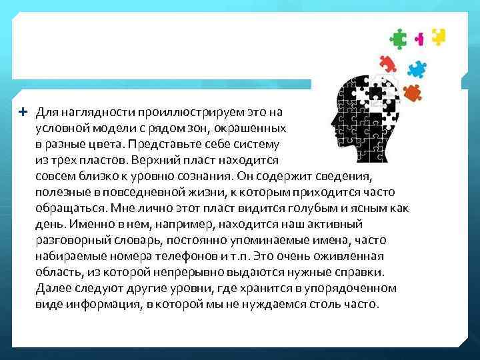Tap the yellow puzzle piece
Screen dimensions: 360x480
(x=438, y=36)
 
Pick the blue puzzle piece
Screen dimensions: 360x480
(x=417, y=68)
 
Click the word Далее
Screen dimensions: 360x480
(x=53, y=288)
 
